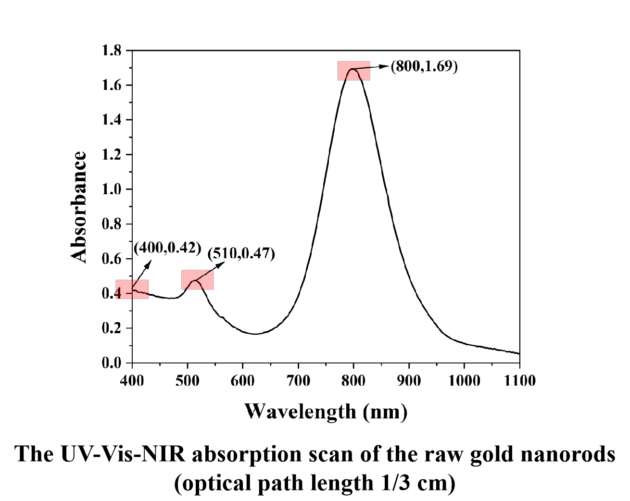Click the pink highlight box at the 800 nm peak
pos(353,71)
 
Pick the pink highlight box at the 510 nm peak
pos(197,279)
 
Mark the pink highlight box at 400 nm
pos(132,289)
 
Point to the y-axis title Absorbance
pos(79,207)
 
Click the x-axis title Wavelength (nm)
pos(326,412)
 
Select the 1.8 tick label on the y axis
pos(111,50)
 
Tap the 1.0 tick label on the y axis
pos(111,189)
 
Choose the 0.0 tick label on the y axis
pos(111,363)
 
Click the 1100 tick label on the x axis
pos(519,381)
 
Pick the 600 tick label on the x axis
pos(243,381)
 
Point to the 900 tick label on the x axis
pos(409,381)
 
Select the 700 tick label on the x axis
pos(298,381)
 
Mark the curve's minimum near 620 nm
pos(255,334)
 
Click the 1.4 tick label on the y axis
pos(111,120)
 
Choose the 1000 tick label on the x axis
pos(464,381)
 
